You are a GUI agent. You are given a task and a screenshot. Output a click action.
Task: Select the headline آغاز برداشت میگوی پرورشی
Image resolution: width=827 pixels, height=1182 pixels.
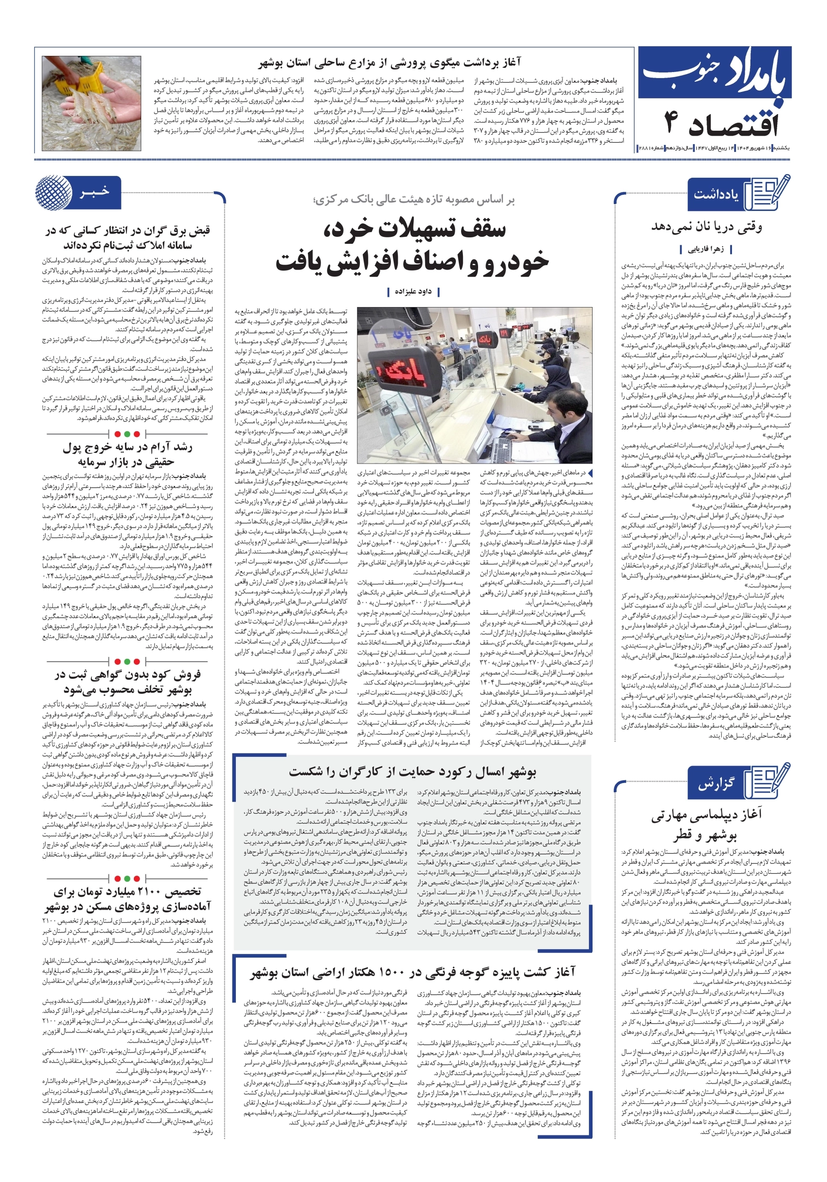pyautogui.click(x=389, y=63)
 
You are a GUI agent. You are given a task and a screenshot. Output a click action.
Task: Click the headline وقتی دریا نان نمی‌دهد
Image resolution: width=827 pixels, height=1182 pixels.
pyautogui.click(x=706, y=227)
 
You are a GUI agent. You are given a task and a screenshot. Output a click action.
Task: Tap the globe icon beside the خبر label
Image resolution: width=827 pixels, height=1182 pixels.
pyautogui.click(x=54, y=193)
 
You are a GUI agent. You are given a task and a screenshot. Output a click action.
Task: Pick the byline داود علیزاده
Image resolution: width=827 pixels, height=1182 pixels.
pyautogui.click(x=413, y=292)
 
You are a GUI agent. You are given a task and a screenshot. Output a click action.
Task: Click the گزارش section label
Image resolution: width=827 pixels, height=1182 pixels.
pyautogui.click(x=715, y=784)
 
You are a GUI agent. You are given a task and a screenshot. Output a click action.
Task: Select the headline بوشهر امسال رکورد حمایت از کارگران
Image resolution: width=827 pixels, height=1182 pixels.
pyautogui.click(x=412, y=772)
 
